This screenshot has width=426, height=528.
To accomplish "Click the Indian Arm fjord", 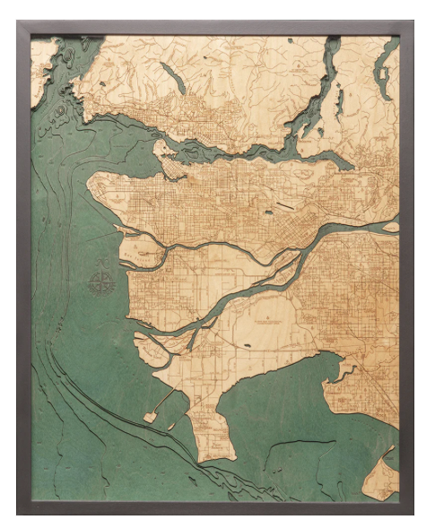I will click(x=310, y=108).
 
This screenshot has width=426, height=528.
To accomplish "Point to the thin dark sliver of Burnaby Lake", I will click(x=290, y=206).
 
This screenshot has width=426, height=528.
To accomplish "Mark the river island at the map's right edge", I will click(x=390, y=227).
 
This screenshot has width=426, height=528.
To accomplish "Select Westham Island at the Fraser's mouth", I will click(x=148, y=345).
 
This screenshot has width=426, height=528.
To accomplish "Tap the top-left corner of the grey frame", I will click(x=17, y=22).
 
